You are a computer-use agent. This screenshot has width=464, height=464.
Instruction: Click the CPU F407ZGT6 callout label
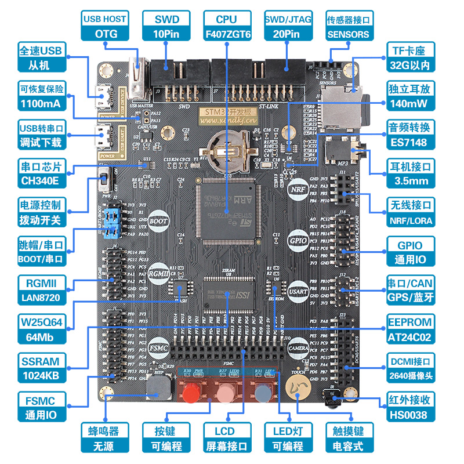[x=229, y=27]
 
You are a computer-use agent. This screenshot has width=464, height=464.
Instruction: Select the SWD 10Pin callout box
[x=167, y=27]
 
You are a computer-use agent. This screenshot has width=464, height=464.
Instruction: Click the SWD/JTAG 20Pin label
[x=288, y=27]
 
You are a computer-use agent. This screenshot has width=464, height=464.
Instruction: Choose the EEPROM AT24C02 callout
[x=410, y=329]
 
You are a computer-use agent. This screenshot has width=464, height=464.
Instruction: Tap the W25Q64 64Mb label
[x=39, y=329]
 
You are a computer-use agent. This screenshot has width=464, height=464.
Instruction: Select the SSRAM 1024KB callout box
[x=39, y=368]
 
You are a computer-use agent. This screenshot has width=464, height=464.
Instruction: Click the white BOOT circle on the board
[x=158, y=221]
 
